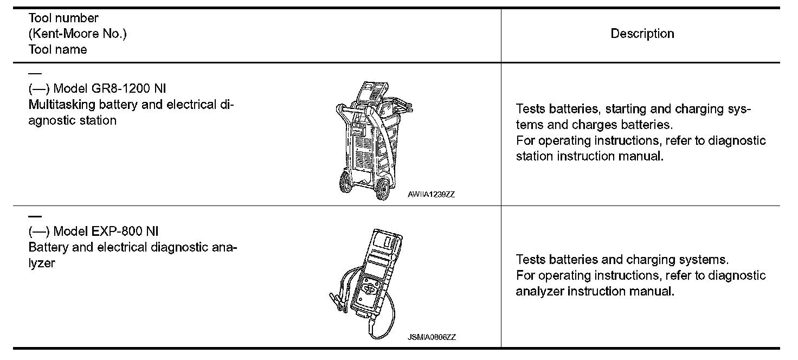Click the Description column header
pos(642,34)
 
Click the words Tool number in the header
pos(63,18)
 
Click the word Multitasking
pos(61,105)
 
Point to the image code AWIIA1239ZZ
pos(431,194)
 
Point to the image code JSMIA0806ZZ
pos(432,337)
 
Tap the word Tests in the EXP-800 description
pos(531,260)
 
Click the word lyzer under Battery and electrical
pos(42,264)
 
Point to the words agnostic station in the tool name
pos(72,120)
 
